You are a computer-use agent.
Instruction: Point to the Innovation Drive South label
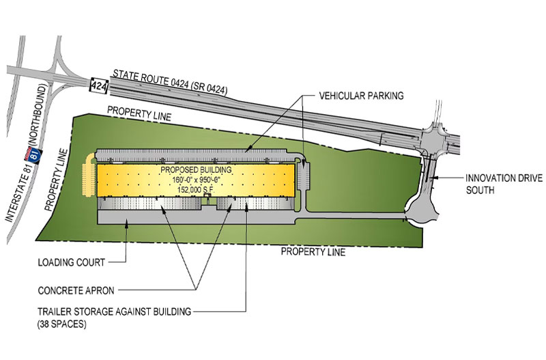[x=499, y=183]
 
